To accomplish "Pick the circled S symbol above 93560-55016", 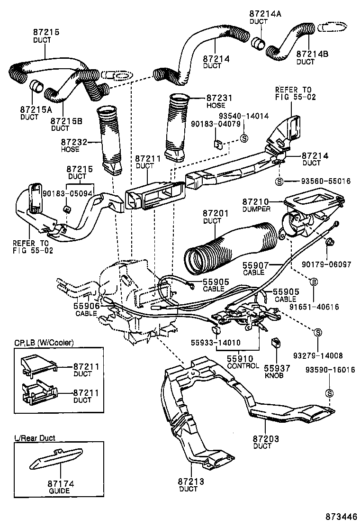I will (279, 181).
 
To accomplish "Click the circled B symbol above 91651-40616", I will (313, 282).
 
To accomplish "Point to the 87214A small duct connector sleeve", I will (259, 44).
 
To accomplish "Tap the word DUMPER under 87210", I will (257, 209).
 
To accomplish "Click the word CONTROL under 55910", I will (243, 366).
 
